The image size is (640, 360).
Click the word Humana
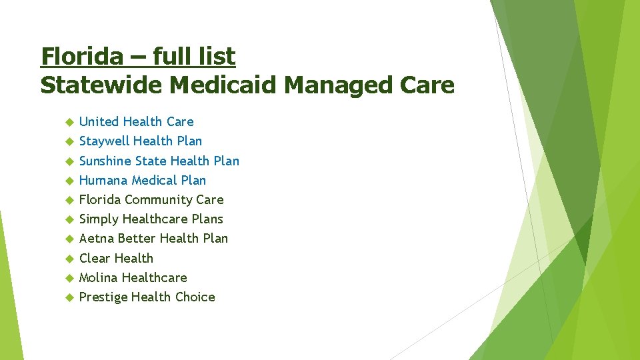click(x=103, y=180)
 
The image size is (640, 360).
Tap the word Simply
click(x=99, y=219)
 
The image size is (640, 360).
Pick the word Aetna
click(x=97, y=238)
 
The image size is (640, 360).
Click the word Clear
click(x=95, y=258)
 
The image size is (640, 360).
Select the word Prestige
click(x=103, y=297)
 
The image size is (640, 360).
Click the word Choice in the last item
click(x=194, y=297)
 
